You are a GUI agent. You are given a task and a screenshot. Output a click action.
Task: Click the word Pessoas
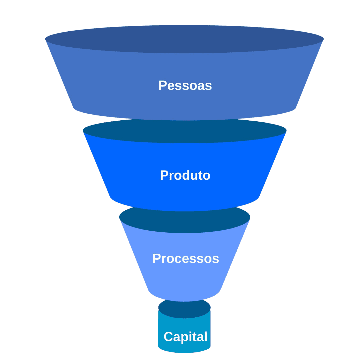185,86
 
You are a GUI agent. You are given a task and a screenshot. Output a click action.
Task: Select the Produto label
185,175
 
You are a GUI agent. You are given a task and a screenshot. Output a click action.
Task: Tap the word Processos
186,259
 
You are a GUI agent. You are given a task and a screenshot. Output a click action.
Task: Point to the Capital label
185,337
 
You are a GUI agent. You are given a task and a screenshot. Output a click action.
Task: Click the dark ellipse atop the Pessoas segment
184,39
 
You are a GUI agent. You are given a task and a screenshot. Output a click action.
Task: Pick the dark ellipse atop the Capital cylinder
184,309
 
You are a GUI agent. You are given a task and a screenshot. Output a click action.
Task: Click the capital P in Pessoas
162,86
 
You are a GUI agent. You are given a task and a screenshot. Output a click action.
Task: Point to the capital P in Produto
164,175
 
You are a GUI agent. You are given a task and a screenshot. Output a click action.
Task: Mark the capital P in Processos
156,259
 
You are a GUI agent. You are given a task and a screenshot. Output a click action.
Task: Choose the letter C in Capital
169,337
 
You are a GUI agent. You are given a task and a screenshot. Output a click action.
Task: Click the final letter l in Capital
205,337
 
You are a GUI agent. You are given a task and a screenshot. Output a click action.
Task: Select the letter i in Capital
191,337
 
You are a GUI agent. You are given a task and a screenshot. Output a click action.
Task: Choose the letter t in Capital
195,337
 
